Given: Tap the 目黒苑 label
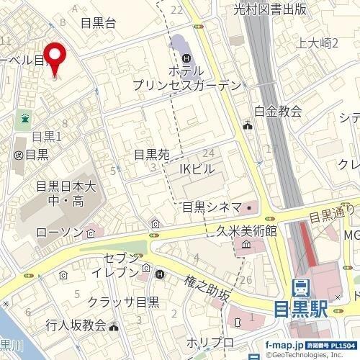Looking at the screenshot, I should click(151, 154).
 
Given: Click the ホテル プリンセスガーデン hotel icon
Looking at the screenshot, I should click(187, 57).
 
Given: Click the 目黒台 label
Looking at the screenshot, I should click(99, 22).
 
